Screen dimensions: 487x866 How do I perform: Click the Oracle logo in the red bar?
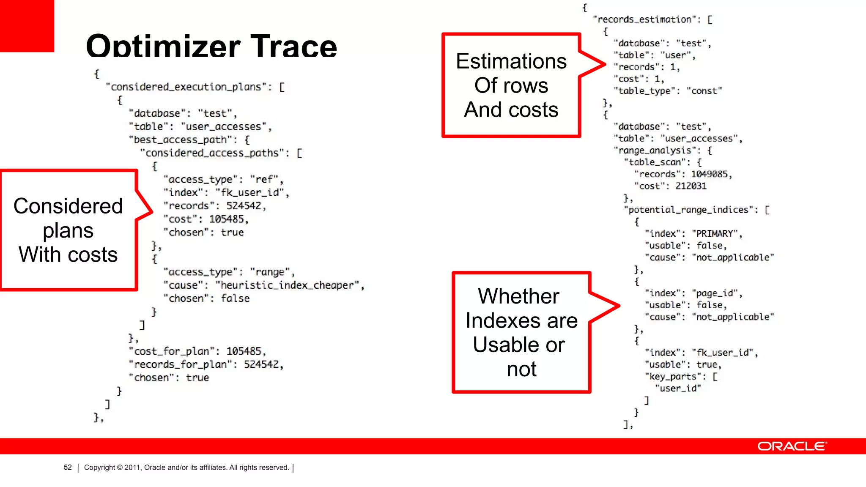pyautogui.click(x=792, y=446)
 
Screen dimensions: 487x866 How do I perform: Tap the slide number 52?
pyautogui.click(x=68, y=468)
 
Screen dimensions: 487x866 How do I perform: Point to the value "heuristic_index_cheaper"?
pyautogui.click(x=287, y=285)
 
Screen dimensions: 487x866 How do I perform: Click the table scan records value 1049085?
pyautogui.click(x=709, y=174)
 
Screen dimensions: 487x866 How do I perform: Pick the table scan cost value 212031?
pyautogui.click(x=691, y=186)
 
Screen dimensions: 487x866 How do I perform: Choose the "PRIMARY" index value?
pyautogui.click(x=715, y=234)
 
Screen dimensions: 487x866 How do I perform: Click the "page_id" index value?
pyautogui.click(x=715, y=293)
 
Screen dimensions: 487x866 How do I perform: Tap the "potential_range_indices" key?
pyautogui.click(x=688, y=210)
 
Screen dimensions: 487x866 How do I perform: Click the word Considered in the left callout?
pyautogui.click(x=68, y=206)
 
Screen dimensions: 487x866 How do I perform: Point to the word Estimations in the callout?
pyautogui.click(x=511, y=61)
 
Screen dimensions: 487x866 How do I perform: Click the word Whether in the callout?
pyautogui.click(x=518, y=296)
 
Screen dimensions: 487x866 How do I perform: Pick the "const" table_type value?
pyautogui.click(x=704, y=91)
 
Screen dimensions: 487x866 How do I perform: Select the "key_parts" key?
pyautogui.click(x=673, y=377)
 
